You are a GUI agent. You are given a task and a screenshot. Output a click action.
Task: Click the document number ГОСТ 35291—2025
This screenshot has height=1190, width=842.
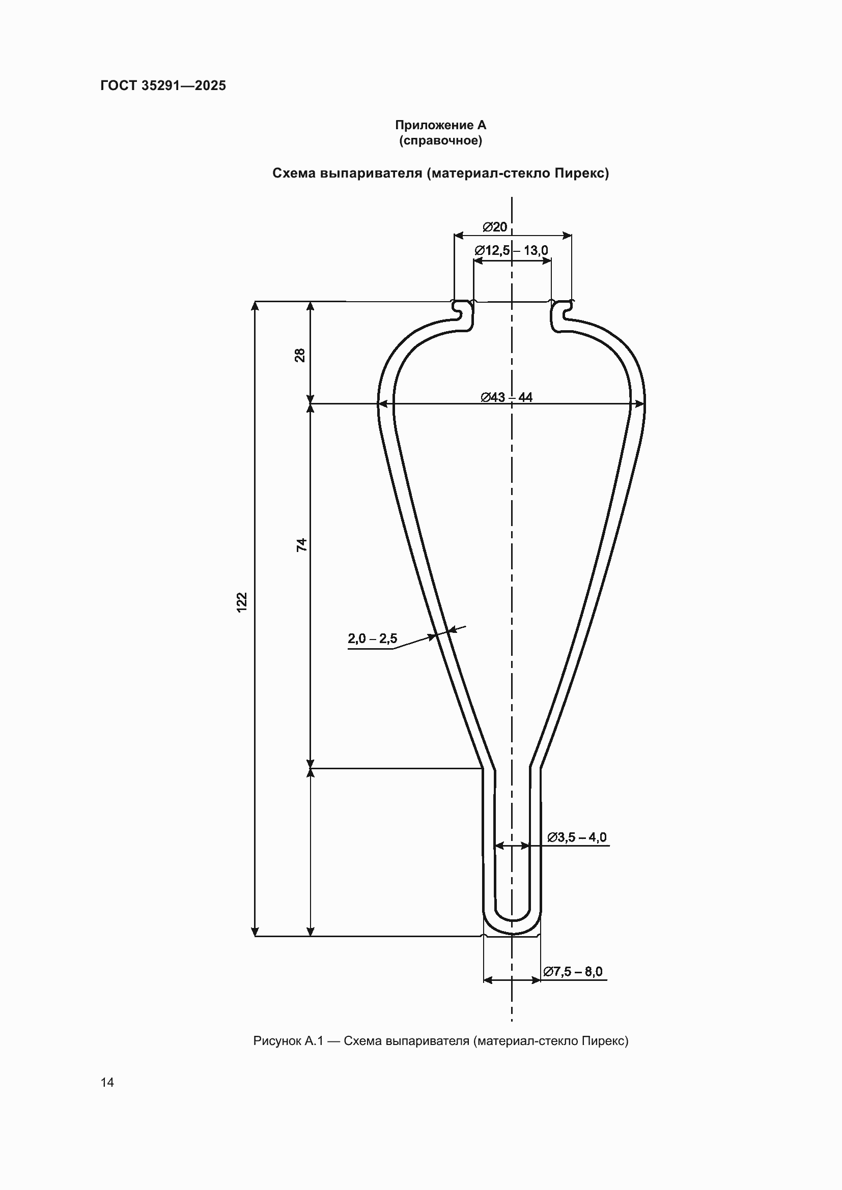point(163,85)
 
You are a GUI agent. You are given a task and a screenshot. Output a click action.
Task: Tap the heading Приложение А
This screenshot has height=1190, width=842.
point(441,125)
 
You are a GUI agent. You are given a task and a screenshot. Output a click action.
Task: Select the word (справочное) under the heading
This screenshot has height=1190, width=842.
point(441,140)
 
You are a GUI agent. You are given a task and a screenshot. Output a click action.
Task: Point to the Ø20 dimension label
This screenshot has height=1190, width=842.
point(495,227)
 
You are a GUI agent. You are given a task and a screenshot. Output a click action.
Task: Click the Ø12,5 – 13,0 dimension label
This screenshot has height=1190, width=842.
point(511,250)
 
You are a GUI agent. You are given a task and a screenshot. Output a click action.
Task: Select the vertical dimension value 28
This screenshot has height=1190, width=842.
point(300,355)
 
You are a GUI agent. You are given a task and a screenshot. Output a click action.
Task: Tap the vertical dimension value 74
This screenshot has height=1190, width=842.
point(301,545)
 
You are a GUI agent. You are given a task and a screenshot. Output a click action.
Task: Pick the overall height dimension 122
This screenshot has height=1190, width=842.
point(242,602)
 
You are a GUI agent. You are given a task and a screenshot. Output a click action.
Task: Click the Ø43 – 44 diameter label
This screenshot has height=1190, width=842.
point(507,397)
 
